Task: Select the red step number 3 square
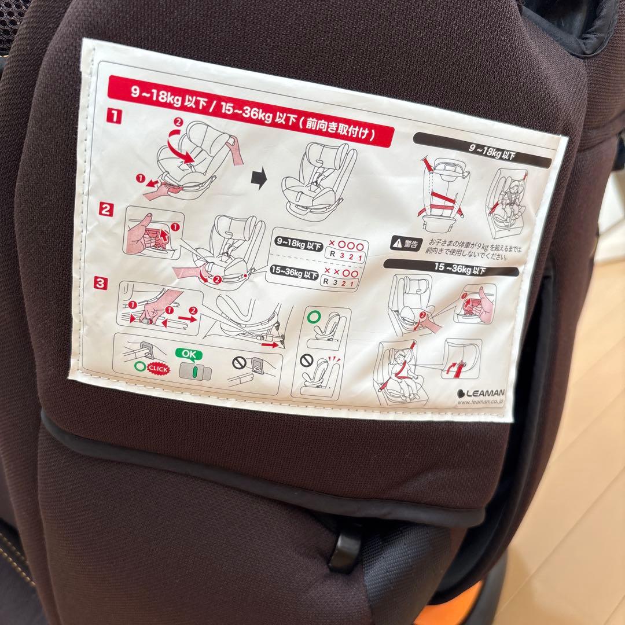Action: [x=101, y=284]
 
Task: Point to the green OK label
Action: [x=189, y=352]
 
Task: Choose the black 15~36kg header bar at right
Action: [x=451, y=267]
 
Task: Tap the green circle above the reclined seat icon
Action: [x=313, y=318]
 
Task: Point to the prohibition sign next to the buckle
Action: [x=239, y=363]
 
